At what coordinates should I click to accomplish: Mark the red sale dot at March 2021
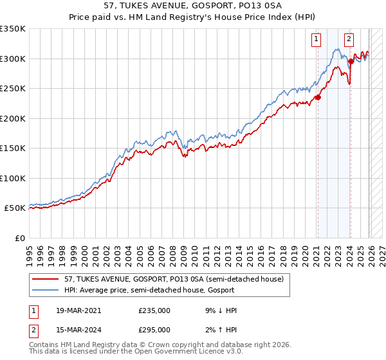(318, 98)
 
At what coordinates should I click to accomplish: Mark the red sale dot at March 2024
(351, 62)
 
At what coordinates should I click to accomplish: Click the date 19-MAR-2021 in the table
(73, 310)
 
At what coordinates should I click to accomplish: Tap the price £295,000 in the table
(154, 329)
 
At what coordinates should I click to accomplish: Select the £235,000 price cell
(154, 310)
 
